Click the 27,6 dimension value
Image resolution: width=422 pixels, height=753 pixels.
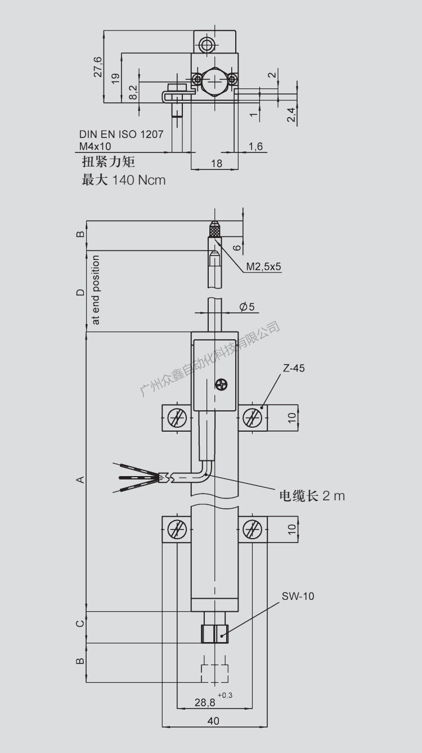98,67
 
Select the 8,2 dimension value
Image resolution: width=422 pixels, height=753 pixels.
133,92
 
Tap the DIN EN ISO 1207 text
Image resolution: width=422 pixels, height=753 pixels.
121,135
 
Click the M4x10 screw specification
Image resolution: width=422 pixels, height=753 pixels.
95,146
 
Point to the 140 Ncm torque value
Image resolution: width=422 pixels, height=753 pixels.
139,180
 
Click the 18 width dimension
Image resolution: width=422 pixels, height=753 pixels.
216,163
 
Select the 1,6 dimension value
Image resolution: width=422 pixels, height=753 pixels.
255,146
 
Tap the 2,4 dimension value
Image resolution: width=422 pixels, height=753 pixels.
291,115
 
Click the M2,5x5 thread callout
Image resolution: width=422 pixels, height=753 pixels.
263,267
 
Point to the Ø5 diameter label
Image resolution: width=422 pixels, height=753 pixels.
246,307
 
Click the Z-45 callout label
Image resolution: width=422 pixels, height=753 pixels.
294,369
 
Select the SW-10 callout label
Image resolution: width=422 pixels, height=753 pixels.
298,596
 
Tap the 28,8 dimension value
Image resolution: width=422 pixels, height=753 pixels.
205,702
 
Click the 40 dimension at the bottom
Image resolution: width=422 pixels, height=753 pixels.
213,721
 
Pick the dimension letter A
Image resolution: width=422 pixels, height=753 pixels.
80,479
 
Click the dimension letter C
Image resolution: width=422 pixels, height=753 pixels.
80,623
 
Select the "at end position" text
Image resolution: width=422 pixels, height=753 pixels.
96,290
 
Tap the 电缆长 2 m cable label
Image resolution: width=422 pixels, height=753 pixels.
312,495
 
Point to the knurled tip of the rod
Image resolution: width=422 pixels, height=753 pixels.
214,229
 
